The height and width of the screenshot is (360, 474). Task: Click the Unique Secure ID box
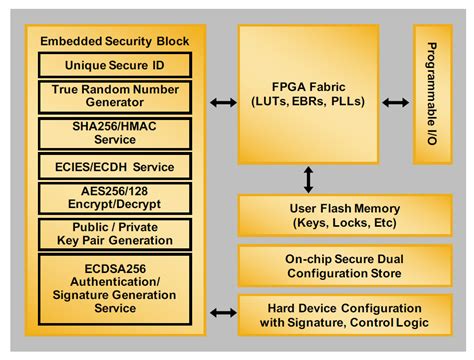[113, 65]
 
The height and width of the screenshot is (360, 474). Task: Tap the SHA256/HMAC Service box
[113, 133]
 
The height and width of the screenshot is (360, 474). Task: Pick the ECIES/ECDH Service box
[113, 166]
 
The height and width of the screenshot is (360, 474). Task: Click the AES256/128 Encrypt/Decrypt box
[113, 198]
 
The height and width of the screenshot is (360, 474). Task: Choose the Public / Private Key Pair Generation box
[113, 234]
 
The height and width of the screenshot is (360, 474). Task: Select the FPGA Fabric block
[308, 95]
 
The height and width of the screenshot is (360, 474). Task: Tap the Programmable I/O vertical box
[433, 95]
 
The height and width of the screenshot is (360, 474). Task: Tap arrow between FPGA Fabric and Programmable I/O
[395, 102]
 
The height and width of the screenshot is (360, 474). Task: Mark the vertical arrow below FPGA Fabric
[308, 179]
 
